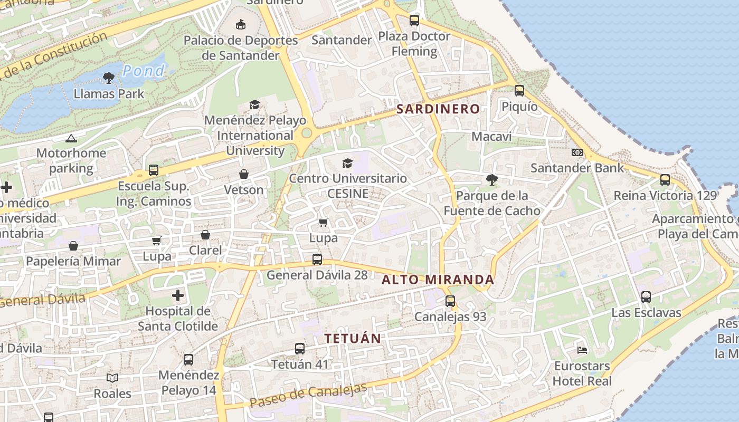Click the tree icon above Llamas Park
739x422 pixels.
tap(109, 78)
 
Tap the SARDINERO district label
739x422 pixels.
tap(438, 109)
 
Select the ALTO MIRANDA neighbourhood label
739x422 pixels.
tap(438, 280)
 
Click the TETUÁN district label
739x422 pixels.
tap(353, 339)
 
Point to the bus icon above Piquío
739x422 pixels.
tap(519, 91)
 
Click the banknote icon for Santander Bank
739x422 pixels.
tap(577, 152)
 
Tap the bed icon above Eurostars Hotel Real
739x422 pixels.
tap(582, 350)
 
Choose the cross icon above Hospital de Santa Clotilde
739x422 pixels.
tap(178, 295)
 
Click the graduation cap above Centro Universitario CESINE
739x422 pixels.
tap(347, 163)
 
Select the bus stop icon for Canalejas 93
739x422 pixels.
tap(450, 301)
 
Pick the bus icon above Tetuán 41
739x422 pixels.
tap(299, 348)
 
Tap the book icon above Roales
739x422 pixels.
tap(112, 378)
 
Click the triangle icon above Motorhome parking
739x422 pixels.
tap(71, 138)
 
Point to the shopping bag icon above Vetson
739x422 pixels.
tap(244, 174)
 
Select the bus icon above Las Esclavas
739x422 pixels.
tap(646, 297)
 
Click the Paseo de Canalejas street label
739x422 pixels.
tap(308, 395)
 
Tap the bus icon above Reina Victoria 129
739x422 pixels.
tap(665, 180)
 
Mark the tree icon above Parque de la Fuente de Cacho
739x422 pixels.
tap(491, 180)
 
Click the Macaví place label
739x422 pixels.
tap(491, 137)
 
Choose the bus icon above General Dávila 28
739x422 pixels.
tap(317, 260)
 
